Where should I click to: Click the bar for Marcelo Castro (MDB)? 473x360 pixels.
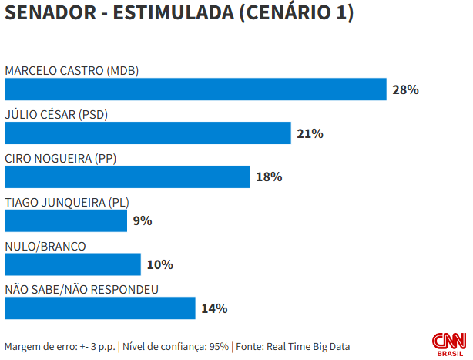pyautogui.click(x=195, y=89)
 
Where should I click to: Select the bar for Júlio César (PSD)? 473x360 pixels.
pyautogui.click(x=148, y=133)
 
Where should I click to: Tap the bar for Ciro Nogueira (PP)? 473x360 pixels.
pyautogui.click(x=127, y=177)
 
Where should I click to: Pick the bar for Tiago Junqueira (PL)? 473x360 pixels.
pyautogui.click(x=65, y=221)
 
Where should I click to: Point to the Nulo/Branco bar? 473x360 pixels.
pyautogui.click(x=72, y=265)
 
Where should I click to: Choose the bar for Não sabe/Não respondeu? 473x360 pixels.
pyautogui.click(x=100, y=308)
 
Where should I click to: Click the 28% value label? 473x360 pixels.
pyautogui.click(x=405, y=89)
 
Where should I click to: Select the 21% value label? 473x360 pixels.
pyautogui.click(x=310, y=133)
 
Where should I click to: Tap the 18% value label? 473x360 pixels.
pyautogui.click(x=269, y=177)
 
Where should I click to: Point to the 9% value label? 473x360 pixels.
pyautogui.click(x=143, y=221)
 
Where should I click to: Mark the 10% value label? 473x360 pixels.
pyautogui.click(x=159, y=265)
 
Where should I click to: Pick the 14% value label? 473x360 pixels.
pyautogui.click(x=214, y=308)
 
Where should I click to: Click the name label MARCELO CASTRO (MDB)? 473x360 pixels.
pyautogui.click(x=72, y=71)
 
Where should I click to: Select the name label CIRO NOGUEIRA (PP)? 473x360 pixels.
pyautogui.click(x=60, y=159)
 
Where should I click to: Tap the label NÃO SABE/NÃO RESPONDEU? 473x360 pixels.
pyautogui.click(x=82, y=290)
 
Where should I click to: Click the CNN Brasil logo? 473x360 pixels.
pyautogui.click(x=448, y=343)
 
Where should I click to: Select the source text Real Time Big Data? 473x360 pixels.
pyautogui.click(x=308, y=346)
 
